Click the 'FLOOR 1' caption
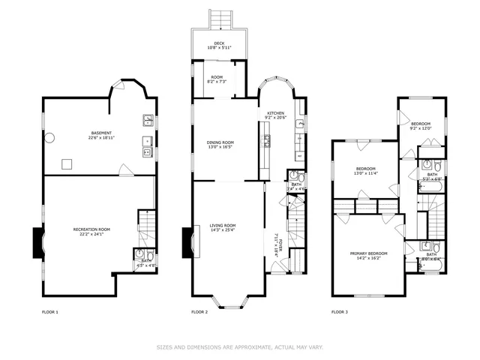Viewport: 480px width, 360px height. click(x=50, y=311)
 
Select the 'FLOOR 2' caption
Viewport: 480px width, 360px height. click(x=199, y=311)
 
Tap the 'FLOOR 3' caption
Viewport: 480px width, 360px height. click(x=340, y=311)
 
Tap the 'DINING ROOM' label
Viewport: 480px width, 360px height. click(x=220, y=142)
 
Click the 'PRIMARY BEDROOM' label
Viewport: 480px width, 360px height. click(x=369, y=253)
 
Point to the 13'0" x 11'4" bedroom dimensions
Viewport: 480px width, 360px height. click(x=365, y=173)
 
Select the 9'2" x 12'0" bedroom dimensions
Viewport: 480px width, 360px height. click(x=421, y=127)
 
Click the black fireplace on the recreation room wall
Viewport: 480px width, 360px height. click(x=35, y=241)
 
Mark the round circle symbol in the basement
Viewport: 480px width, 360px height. click(x=50, y=138)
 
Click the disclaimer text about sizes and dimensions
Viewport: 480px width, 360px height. click(x=239, y=346)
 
